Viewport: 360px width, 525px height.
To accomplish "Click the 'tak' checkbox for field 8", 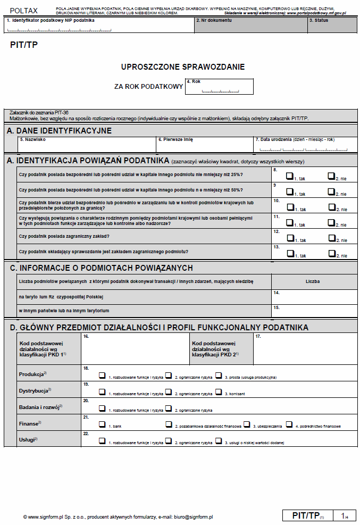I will coord(290,176).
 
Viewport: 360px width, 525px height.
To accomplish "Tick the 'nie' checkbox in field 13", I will coord(331,253).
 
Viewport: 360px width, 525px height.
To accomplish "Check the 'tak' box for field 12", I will coord(290,238).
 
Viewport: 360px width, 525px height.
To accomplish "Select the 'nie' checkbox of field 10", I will coord(331,207).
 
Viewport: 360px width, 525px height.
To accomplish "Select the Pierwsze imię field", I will coord(205,145).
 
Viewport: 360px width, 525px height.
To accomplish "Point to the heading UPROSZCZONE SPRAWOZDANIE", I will coord(183,67).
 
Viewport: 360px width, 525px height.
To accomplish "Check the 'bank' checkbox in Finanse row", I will coord(102,424).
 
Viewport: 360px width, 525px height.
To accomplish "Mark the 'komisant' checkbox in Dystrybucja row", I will coord(219,391).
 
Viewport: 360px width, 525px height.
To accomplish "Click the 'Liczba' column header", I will coord(313,281).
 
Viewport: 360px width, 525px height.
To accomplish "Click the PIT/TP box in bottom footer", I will coord(307,515).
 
